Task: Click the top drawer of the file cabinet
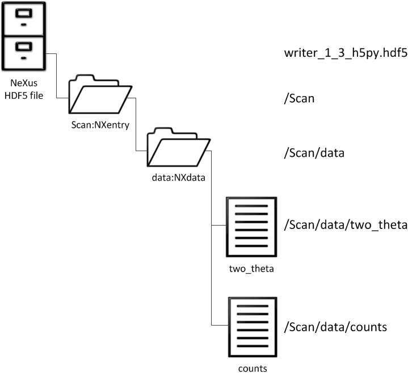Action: [x=24, y=18]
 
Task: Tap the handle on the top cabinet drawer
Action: [x=24, y=24]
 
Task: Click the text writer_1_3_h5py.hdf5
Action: [x=346, y=55]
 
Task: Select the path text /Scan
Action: [x=300, y=98]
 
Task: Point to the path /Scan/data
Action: [x=313, y=153]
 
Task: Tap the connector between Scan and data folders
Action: [x=136, y=125]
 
